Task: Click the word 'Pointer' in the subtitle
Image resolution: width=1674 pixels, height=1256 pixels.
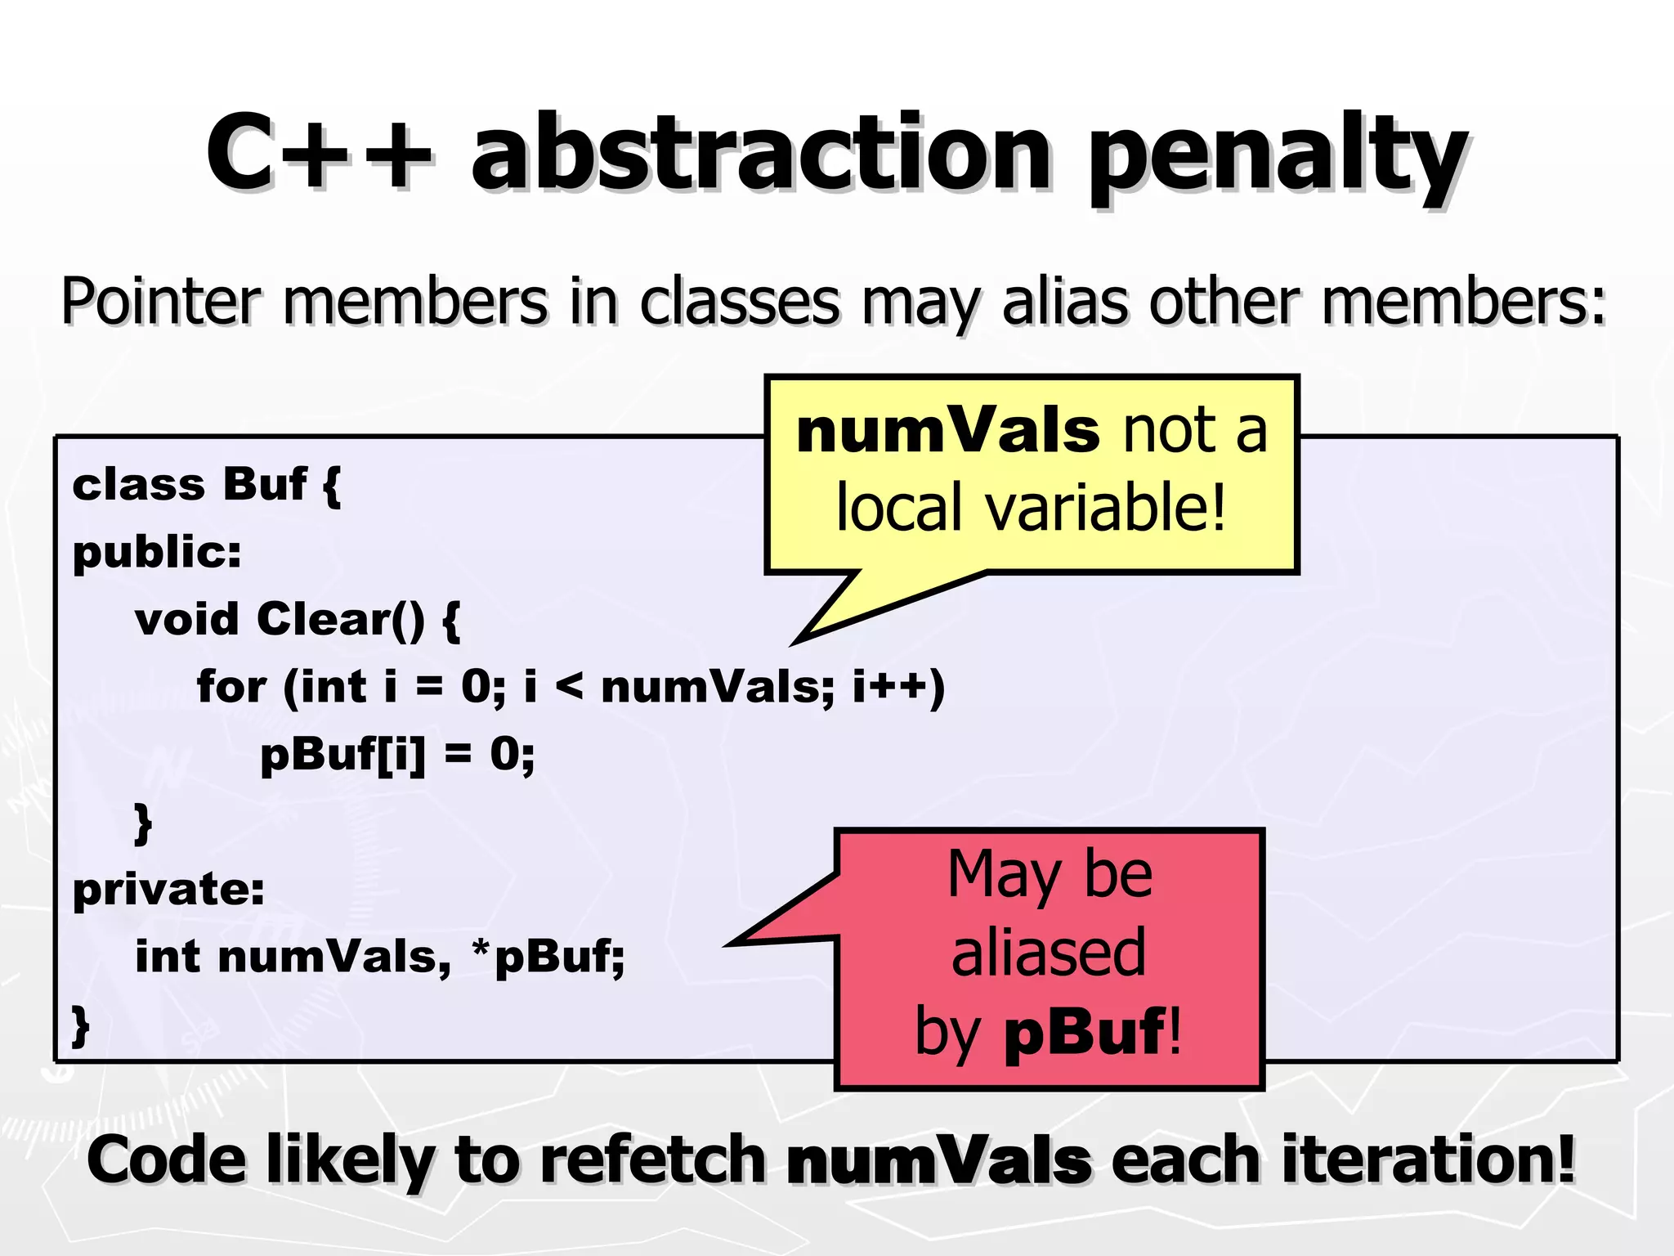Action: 160,302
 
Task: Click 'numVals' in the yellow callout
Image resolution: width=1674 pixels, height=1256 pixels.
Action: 947,431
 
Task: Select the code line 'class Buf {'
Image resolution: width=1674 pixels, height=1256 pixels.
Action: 207,485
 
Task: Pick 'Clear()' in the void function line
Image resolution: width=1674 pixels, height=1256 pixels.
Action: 341,619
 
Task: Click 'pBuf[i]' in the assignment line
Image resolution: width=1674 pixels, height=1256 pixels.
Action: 342,754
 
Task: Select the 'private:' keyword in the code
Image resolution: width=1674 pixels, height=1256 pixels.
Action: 168,890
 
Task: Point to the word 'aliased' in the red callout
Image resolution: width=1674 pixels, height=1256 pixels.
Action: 1049,953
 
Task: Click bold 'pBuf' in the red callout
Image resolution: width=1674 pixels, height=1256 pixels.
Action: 1084,1031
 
